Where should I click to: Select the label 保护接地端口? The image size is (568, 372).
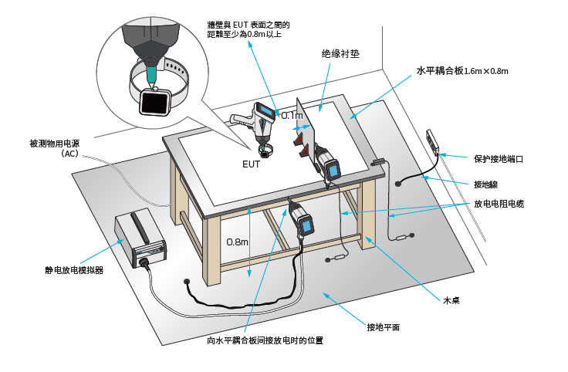tap(499, 159)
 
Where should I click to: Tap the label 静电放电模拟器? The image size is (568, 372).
tap(74, 270)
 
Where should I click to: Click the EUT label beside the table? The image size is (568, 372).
tap(252, 164)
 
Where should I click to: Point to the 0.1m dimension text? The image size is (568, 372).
tap(292, 115)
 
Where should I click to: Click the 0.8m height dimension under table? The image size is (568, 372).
tap(238, 242)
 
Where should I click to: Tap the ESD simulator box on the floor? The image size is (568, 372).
tap(140, 238)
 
